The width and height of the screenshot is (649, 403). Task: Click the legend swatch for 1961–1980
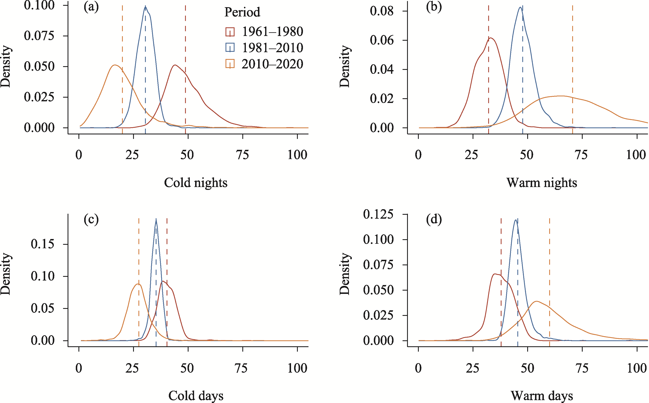[x=230, y=32]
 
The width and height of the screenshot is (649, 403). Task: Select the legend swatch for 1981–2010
[x=230, y=48]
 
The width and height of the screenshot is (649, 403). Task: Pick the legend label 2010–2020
[x=272, y=64]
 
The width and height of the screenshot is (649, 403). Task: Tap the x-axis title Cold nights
[x=196, y=183]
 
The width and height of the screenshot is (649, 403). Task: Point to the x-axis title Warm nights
[x=542, y=183]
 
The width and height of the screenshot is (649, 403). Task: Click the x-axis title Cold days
[x=196, y=396]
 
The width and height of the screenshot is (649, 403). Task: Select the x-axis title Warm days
[x=542, y=396]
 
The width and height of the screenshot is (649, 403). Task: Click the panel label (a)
[x=91, y=7]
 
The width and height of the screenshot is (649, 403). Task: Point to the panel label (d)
[x=434, y=219]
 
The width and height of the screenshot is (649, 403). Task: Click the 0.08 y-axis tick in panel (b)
[x=381, y=11]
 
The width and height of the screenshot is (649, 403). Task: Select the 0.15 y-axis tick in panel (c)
[x=42, y=244]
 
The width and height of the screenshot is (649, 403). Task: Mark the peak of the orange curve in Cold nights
[x=115, y=65]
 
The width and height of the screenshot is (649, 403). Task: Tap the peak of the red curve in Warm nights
[x=490, y=38]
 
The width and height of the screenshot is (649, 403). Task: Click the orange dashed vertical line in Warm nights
[x=572, y=67]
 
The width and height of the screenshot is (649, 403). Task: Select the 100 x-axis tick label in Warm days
[x=636, y=368]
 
